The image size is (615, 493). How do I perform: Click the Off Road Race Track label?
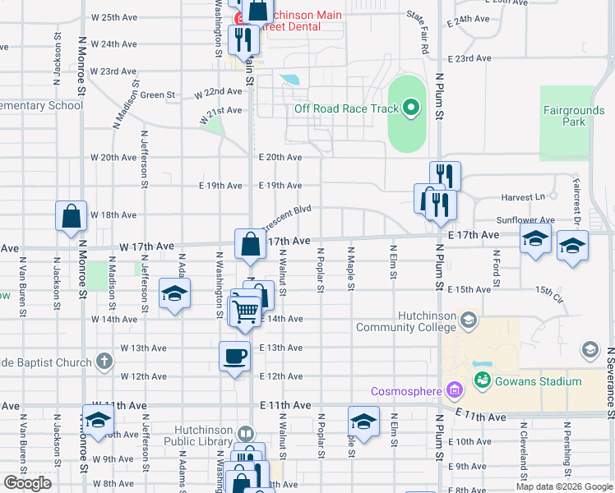coord(346,108)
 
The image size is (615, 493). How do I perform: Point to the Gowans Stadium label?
coord(538,380)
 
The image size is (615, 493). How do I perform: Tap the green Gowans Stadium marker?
coord(482,380)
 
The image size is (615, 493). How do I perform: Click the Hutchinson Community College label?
coord(407,321)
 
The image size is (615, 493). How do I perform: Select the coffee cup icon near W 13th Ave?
coord(234,356)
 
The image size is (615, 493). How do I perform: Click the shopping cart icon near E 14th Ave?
coord(245,311)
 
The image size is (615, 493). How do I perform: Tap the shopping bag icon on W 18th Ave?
coord(72,215)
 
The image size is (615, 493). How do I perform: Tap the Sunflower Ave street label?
coord(526,220)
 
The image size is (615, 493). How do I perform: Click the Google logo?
coord(27,483)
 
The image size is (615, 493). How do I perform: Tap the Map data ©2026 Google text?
coord(565,486)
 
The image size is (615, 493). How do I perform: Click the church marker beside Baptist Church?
coord(104,361)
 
